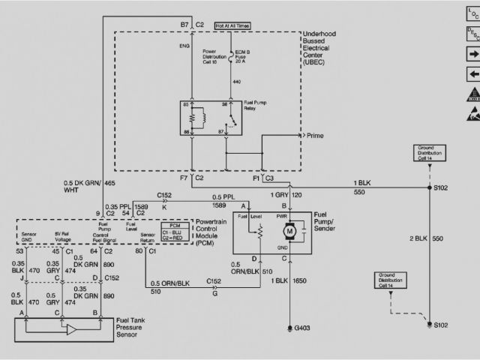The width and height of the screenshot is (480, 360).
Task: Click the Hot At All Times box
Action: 233,26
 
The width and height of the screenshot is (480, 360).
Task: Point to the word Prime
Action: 334,135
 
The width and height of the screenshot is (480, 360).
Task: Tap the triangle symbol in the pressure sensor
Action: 72,330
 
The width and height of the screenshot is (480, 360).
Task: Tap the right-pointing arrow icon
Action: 472,55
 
